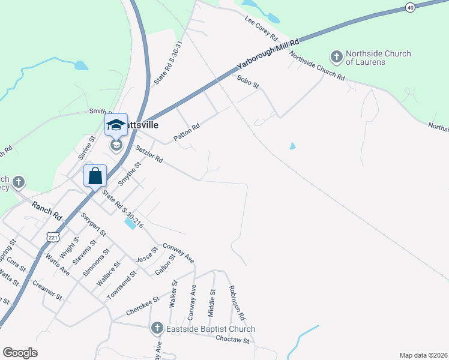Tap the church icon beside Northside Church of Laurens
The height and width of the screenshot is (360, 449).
[337, 58]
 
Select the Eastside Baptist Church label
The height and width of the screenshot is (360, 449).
[212, 329]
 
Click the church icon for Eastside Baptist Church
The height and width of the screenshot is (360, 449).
[157, 328]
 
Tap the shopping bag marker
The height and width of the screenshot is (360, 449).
[95, 176]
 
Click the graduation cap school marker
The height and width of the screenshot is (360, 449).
[116, 125]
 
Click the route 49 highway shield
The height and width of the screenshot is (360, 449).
[410, 7]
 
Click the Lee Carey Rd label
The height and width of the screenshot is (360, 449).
[261, 28]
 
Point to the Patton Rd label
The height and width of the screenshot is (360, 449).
[186, 133]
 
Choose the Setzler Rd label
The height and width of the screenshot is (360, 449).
[149, 155]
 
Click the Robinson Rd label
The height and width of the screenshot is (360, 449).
[237, 302]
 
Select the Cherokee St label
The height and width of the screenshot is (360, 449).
[142, 305]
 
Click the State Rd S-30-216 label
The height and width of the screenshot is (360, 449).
[122, 209]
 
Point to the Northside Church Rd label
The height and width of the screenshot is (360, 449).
[317, 66]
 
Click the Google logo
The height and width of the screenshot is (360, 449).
[20, 352]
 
